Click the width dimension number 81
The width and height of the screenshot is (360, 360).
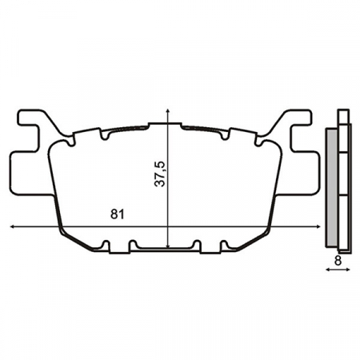coord(117,214)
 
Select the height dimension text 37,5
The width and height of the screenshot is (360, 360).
coord(160,174)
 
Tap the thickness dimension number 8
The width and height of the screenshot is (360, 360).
coord(339,260)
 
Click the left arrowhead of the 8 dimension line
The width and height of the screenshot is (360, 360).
coord(329,270)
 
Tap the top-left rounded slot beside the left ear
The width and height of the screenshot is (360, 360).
coord(73,142)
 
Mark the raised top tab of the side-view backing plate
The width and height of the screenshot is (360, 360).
coord(344,116)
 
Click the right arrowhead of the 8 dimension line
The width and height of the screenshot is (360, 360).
coord(349,270)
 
